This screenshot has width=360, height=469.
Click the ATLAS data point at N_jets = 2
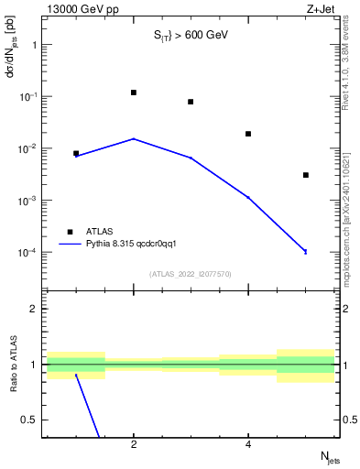click(134, 93)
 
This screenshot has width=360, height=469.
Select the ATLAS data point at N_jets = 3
click(191, 102)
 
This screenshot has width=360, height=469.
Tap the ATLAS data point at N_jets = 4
click(248, 134)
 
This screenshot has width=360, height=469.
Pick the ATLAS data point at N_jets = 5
click(306, 175)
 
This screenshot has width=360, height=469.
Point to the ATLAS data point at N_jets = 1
click(76, 154)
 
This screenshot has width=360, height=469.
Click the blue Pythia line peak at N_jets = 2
click(134, 139)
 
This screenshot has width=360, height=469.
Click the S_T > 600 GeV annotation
click(190, 36)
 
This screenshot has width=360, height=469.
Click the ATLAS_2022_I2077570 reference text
click(190, 274)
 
